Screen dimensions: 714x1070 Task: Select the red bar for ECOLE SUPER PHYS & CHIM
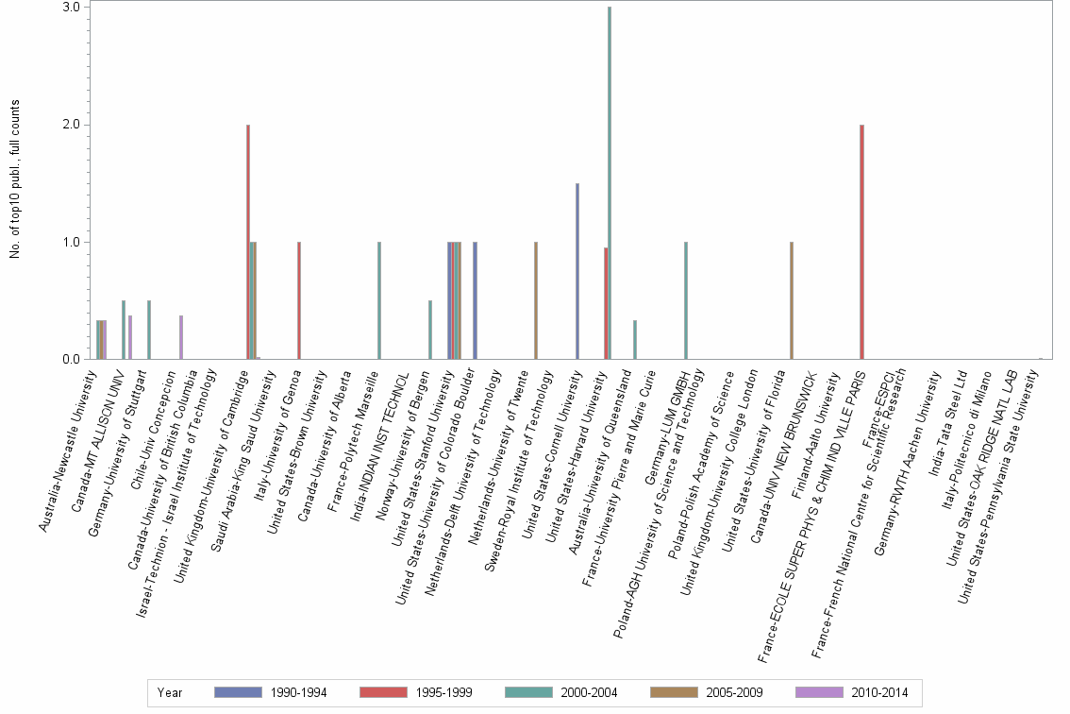pyautogui.click(x=861, y=242)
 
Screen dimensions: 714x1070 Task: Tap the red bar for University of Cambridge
pyautogui.click(x=248, y=242)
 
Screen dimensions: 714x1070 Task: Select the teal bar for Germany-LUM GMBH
pyautogui.click(x=686, y=300)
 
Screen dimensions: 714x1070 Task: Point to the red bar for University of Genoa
pyautogui.click(x=299, y=300)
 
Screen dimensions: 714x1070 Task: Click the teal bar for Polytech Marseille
pyautogui.click(x=379, y=300)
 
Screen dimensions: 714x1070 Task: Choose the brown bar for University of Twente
pyautogui.click(x=536, y=300)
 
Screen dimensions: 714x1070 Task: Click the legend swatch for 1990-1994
pyautogui.click(x=238, y=693)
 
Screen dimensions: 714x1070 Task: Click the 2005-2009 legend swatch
pyautogui.click(x=675, y=693)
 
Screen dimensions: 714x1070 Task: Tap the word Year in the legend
pyautogui.click(x=171, y=693)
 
